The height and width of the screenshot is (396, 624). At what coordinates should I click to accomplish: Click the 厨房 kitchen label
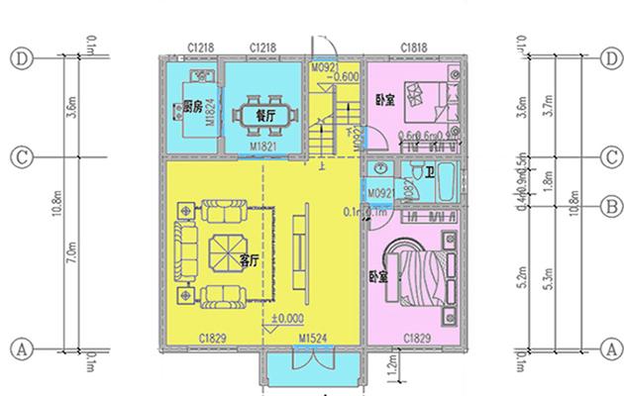tap(193, 106)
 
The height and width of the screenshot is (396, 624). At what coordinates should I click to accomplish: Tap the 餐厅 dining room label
tap(264, 114)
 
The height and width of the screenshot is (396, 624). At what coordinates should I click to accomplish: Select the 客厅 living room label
tap(249, 260)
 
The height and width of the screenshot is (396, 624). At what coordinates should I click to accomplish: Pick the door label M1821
tap(262, 146)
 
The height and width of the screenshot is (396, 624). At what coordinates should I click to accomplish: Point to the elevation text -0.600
tap(346, 76)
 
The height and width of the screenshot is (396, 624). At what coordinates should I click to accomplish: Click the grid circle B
tap(611, 206)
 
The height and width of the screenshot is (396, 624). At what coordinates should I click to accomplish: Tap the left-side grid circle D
tap(21, 58)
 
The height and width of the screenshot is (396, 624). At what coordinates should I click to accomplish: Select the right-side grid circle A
tap(611, 348)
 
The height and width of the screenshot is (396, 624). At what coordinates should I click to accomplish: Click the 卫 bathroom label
tap(428, 174)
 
